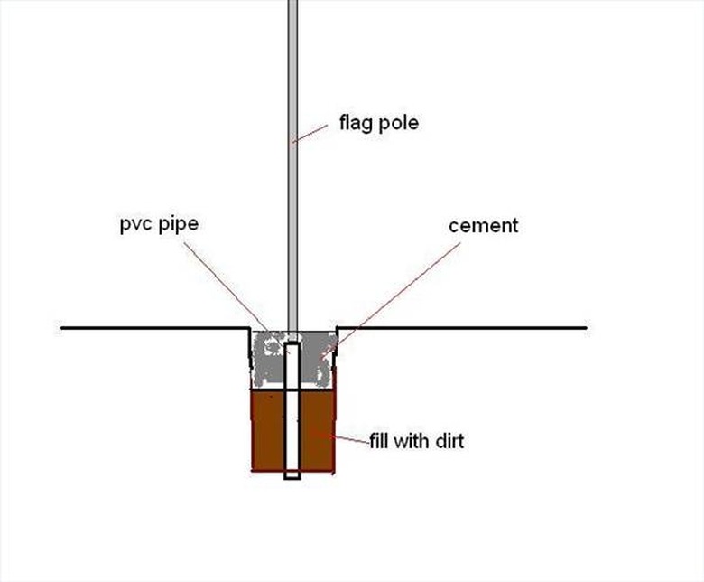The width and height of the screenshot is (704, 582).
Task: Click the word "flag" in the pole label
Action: pyautogui.click(x=356, y=123)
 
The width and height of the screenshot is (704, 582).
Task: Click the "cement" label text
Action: pyautogui.click(x=484, y=225)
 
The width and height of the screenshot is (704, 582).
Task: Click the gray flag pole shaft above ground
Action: pyautogui.click(x=292, y=181)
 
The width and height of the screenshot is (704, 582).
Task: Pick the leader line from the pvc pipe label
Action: pyautogui.click(x=226, y=280)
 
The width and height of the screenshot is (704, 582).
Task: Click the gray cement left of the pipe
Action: pyautogui.click(x=268, y=361)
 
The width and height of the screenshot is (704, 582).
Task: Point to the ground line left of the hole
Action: pyautogui.click(x=153, y=327)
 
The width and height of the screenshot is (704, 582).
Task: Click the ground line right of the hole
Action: pyautogui.click(x=460, y=327)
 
